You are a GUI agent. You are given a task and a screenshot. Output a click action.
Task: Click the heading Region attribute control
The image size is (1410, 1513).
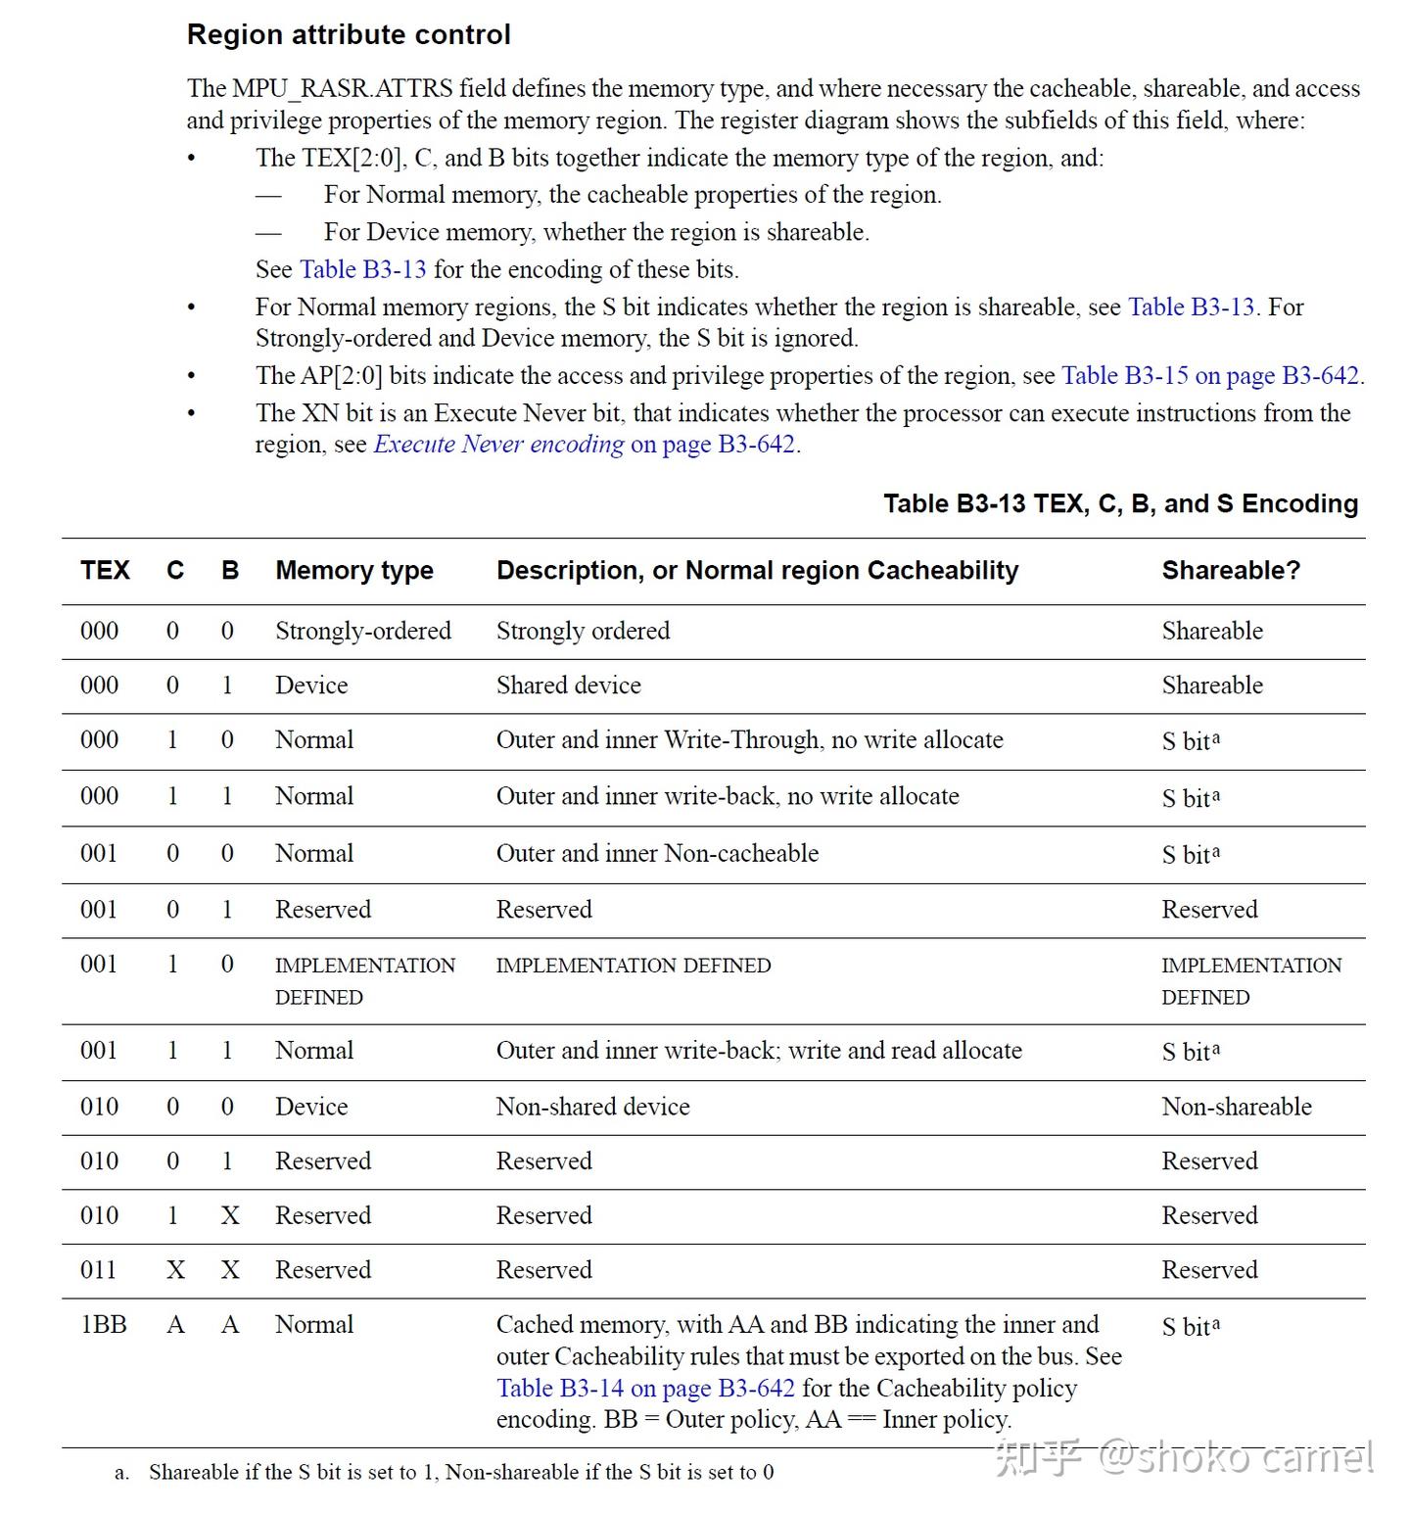point(349,34)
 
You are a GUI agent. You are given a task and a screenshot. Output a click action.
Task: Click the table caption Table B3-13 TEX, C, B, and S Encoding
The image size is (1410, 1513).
point(1119,503)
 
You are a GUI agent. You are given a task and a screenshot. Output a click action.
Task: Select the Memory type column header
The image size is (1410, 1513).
point(353,570)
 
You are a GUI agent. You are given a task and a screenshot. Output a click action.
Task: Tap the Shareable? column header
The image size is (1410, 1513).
point(1230,570)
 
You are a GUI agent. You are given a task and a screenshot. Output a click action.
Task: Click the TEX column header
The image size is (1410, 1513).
point(105,570)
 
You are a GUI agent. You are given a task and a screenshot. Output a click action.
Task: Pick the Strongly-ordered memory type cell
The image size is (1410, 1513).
point(362,631)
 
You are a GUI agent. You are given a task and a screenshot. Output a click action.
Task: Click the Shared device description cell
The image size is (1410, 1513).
point(568,686)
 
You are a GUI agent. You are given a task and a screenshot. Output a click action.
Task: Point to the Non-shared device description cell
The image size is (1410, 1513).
point(592,1107)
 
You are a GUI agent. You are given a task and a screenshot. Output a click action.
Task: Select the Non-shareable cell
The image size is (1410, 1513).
point(1236,1107)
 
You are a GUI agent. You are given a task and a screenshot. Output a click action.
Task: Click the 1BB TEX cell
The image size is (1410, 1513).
point(104,1324)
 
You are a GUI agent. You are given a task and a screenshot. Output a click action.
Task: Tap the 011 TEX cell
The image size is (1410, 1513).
point(98,1270)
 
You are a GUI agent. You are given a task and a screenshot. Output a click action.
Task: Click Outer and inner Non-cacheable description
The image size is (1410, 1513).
point(657,853)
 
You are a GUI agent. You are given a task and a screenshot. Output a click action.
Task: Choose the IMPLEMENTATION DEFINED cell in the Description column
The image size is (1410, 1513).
point(633,966)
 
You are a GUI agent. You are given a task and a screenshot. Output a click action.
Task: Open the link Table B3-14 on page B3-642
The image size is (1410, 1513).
point(645,1389)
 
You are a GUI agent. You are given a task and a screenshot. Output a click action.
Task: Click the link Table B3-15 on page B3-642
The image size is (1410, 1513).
point(1210,376)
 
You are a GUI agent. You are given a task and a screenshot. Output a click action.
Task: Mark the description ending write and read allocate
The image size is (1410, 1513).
point(758,1051)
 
